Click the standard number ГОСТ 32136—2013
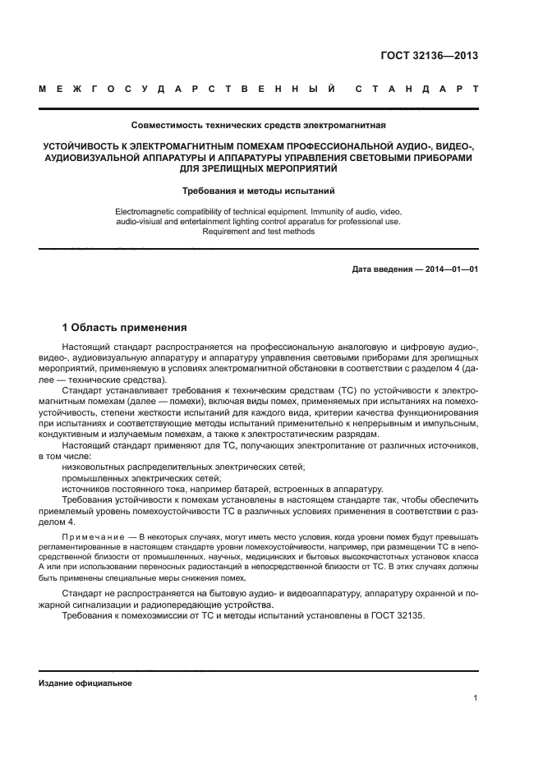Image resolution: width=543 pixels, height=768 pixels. pos(429,56)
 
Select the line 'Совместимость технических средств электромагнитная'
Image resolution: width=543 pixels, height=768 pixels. pos(258,126)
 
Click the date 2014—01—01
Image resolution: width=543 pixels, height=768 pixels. pos(450,269)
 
